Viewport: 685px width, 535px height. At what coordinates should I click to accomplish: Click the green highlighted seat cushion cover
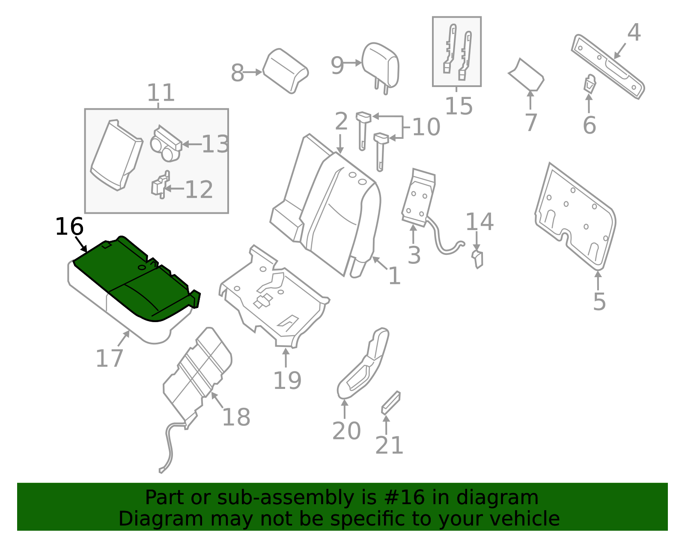coord(136,281)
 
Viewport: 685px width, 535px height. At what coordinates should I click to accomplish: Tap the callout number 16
coord(69,226)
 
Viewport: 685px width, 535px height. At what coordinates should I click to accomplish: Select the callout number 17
coord(109,358)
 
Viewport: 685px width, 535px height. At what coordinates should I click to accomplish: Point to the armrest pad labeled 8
coord(285,71)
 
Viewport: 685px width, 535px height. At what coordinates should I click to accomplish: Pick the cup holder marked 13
coord(166,143)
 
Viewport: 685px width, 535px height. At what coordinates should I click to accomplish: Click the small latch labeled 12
coord(161,185)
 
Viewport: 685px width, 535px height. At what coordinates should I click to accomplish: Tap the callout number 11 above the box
coord(161,93)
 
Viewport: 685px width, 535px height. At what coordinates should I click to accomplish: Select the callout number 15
coord(459,106)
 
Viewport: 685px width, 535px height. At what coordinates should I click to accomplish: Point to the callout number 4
coord(634,32)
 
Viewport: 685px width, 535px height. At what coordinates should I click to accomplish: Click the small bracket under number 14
coord(478,259)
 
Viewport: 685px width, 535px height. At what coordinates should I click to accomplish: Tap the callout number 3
coord(414,255)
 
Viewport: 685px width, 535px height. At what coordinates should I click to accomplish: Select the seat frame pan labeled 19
coord(274,296)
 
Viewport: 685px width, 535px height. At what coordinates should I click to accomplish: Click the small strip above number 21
coord(391,403)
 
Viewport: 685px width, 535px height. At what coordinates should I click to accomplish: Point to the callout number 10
coord(426,127)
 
